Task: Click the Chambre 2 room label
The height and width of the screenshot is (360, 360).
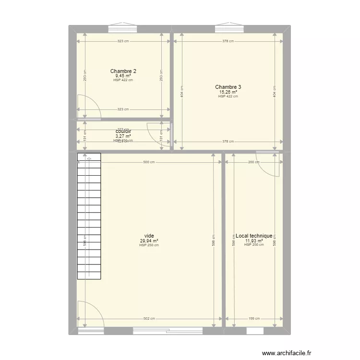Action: [x=123, y=71]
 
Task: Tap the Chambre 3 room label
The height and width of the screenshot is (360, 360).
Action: [x=228, y=87]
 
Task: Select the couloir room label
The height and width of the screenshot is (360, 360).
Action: [x=123, y=131]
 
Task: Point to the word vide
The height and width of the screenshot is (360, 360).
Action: [x=149, y=236]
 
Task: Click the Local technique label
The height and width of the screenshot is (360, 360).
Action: [x=253, y=236]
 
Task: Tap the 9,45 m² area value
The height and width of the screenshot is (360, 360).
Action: [x=123, y=76]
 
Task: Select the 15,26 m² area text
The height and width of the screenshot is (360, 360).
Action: [x=228, y=92]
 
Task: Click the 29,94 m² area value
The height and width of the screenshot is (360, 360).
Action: [x=149, y=240]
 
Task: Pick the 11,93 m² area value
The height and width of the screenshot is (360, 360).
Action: [x=253, y=240]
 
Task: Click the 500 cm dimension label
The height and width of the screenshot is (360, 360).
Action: [x=149, y=162]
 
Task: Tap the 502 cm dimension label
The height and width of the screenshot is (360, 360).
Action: [x=149, y=319]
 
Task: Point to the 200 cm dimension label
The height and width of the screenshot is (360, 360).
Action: [x=254, y=162]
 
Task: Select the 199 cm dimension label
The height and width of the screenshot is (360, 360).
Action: [x=254, y=319]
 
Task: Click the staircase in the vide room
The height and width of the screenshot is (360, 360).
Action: [x=89, y=216]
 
